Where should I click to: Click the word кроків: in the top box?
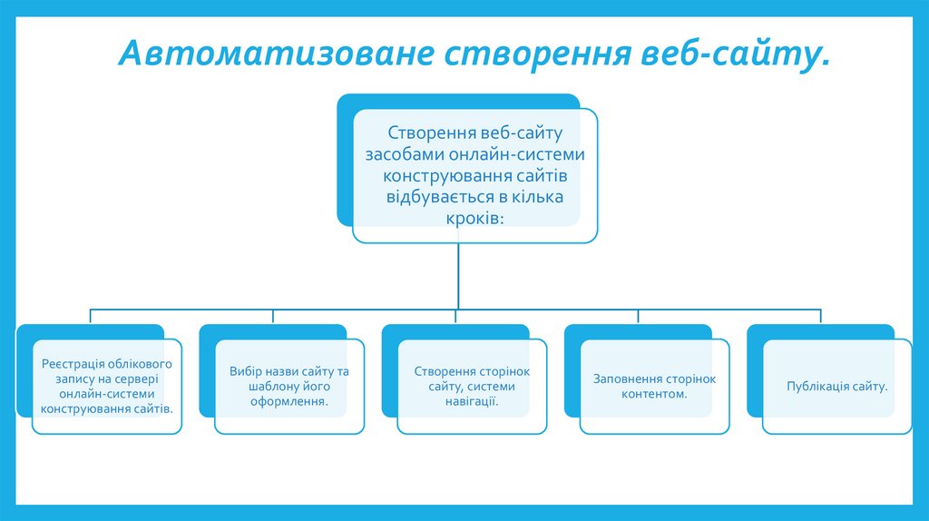click(474, 219)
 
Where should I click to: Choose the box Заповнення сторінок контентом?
click(654, 387)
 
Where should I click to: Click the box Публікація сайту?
click(836, 387)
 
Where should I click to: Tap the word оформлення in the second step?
click(289, 400)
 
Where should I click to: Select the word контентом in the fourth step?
click(654, 394)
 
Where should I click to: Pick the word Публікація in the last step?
click(818, 387)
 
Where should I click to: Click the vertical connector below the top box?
click(457, 277)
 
